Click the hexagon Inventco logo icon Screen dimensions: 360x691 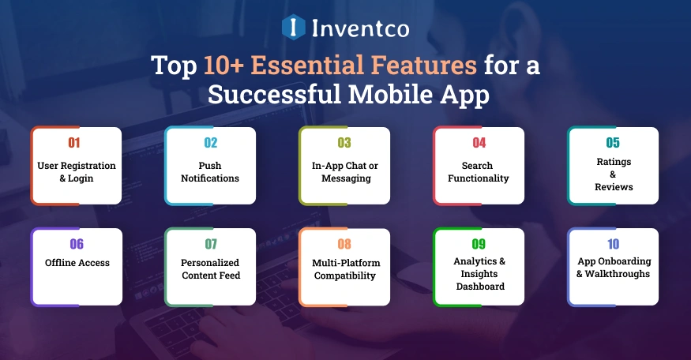click(x=293, y=28)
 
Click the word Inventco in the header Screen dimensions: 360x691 click(x=359, y=28)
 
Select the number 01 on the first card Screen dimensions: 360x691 click(x=74, y=143)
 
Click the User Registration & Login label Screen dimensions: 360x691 click(x=76, y=172)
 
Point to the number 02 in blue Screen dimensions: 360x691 click(x=210, y=143)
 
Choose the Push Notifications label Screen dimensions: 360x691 click(x=210, y=172)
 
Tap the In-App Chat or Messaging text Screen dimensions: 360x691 click(x=345, y=172)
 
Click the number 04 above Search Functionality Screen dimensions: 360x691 click(x=479, y=143)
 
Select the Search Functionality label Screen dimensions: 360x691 click(x=479, y=172)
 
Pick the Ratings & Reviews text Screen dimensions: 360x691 click(x=614, y=174)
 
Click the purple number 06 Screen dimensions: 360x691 click(x=77, y=244)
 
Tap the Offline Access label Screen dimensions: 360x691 click(x=77, y=263)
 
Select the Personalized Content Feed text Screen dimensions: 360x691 click(x=210, y=269)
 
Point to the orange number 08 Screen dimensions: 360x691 click(x=344, y=244)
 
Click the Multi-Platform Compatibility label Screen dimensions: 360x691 click(x=344, y=269)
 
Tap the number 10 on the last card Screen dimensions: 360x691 click(x=614, y=244)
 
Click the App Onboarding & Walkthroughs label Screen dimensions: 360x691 click(x=613, y=268)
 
